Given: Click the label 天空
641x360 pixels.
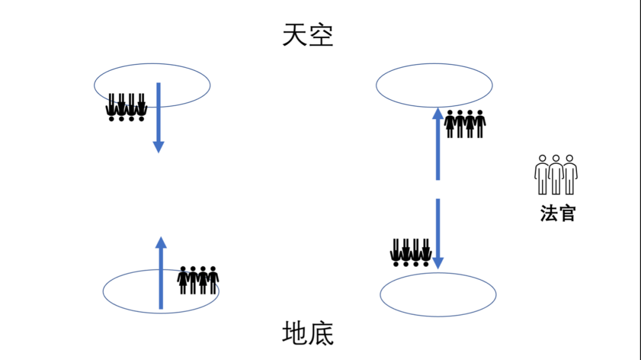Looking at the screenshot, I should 308,36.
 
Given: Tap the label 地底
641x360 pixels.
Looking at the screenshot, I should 308,334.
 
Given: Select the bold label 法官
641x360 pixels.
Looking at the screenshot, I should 557,213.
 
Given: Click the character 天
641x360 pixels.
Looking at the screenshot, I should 295,36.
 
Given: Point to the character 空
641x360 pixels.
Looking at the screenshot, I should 321,36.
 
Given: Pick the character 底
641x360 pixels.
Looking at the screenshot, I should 321,334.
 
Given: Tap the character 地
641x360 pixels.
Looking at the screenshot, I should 295,334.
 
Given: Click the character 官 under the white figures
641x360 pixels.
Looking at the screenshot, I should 567,213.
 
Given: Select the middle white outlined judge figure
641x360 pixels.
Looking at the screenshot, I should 556,174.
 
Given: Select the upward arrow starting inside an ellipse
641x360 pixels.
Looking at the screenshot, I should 161,273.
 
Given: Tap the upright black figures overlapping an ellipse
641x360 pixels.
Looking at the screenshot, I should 198,280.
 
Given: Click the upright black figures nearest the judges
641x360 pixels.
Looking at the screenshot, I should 465,123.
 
